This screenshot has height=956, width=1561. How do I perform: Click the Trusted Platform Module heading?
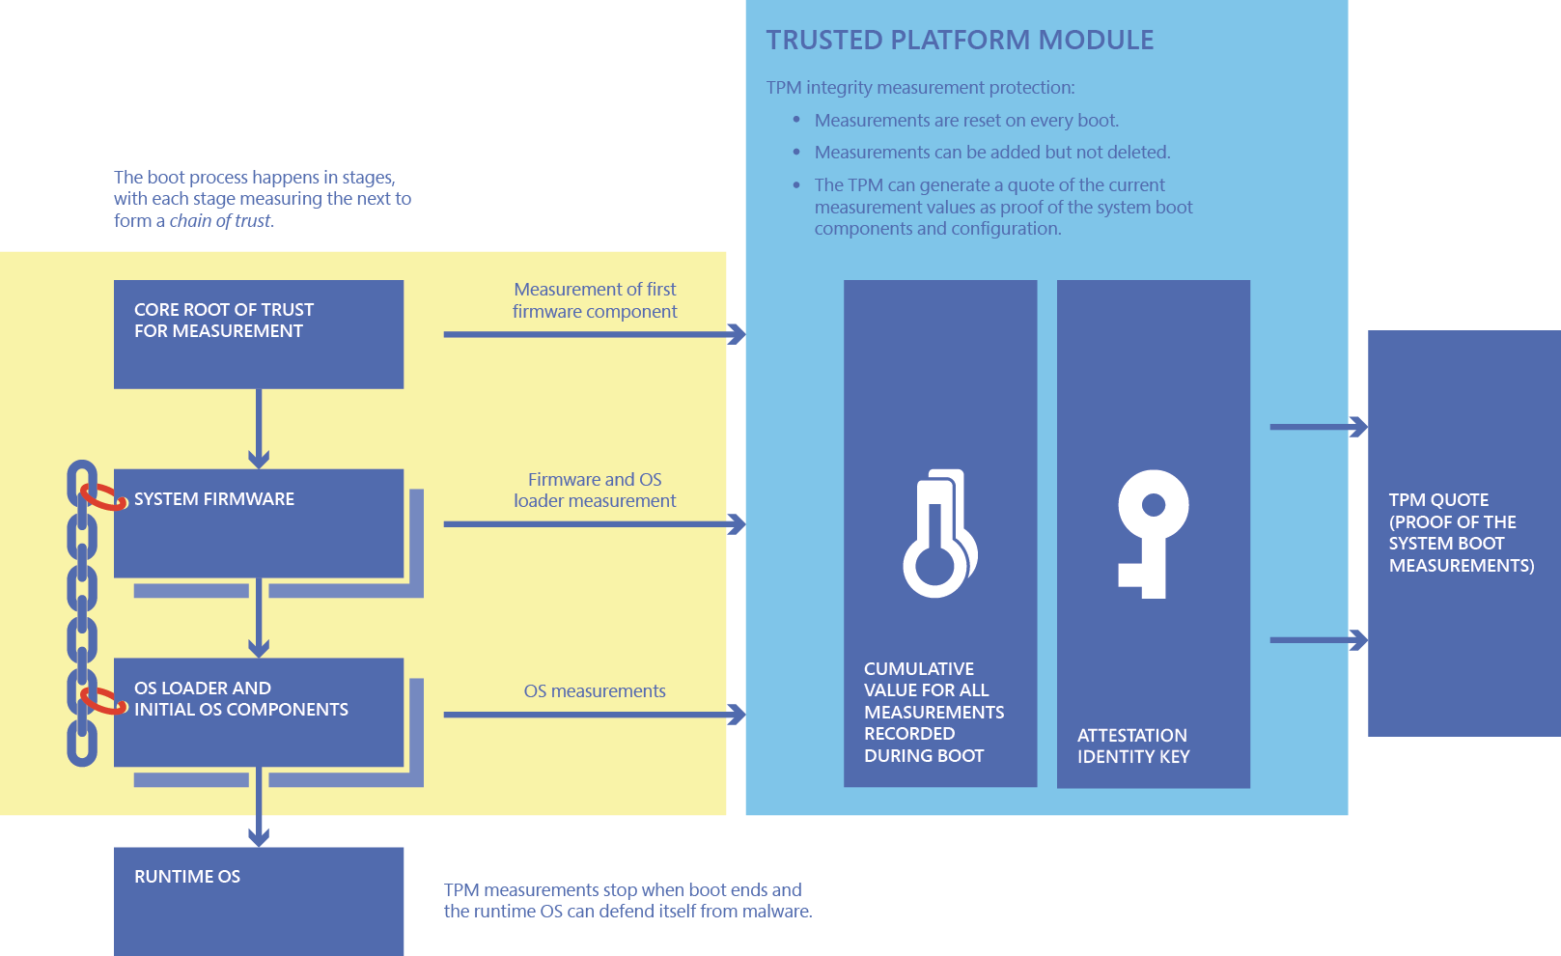(x=960, y=40)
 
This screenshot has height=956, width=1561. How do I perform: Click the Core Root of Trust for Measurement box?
(x=259, y=335)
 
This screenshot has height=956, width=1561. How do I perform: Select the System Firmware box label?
(x=214, y=499)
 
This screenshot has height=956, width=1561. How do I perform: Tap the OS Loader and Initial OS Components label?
(x=241, y=699)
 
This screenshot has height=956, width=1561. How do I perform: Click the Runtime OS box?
(x=259, y=902)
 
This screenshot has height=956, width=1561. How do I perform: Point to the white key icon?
(x=1154, y=534)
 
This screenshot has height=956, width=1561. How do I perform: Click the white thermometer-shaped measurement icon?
(x=940, y=533)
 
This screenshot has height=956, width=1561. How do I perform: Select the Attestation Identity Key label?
(x=1133, y=746)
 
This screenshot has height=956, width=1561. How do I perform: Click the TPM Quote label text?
(x=1462, y=533)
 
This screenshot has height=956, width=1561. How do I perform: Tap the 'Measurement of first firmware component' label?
(x=595, y=300)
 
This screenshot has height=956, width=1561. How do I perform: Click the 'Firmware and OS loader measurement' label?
(x=595, y=491)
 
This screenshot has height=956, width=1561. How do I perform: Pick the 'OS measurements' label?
(x=595, y=691)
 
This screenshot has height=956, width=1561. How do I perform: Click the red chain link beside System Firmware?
(x=104, y=497)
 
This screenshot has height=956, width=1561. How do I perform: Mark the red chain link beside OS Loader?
(x=104, y=701)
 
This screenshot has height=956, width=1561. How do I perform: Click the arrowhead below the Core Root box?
(x=259, y=459)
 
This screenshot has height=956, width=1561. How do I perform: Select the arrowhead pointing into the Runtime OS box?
(x=259, y=837)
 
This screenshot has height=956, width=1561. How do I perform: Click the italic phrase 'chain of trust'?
(x=219, y=221)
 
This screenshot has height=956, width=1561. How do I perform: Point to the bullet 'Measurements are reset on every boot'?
(x=966, y=121)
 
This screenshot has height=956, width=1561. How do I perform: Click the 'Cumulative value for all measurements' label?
(x=934, y=712)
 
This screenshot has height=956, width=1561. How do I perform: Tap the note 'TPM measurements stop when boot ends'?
(x=627, y=900)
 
